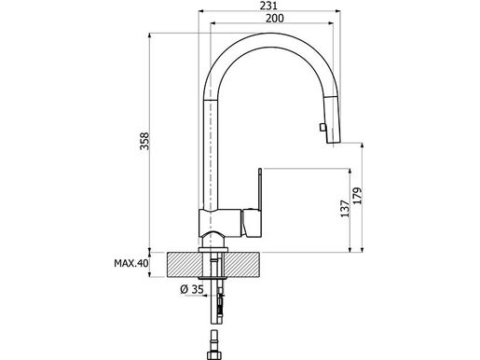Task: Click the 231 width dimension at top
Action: (268, 6)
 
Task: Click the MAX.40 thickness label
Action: (130, 265)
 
